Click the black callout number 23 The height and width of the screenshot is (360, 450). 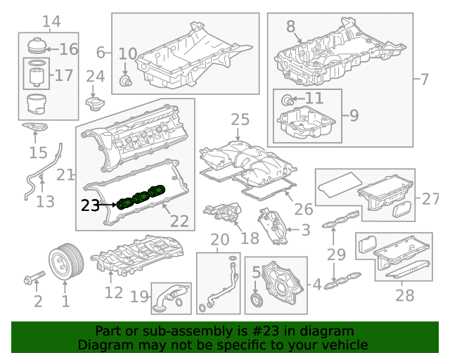pyautogui.click(x=90, y=205)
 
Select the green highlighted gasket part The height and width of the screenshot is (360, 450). pyautogui.click(x=141, y=197)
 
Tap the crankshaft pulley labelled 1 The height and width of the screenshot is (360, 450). pyautogui.click(x=66, y=262)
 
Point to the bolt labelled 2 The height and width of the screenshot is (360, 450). pyautogui.click(x=34, y=277)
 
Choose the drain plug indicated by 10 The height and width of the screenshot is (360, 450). pyautogui.click(x=125, y=81)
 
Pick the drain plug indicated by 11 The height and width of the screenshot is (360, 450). pyautogui.click(x=288, y=100)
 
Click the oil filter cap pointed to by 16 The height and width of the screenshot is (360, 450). pyautogui.click(x=37, y=46)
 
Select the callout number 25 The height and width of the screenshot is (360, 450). pyautogui.click(x=240, y=120)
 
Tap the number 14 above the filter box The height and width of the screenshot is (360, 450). pyautogui.click(x=51, y=21)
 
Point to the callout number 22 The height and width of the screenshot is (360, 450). pyautogui.click(x=180, y=221)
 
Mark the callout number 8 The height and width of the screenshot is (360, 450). pyautogui.click(x=290, y=27)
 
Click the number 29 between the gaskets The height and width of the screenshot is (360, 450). pyautogui.click(x=336, y=255)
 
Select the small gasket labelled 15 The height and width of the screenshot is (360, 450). pyautogui.click(x=34, y=127)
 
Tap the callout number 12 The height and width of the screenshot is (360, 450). pyautogui.click(x=114, y=292)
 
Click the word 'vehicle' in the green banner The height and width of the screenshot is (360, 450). pyautogui.click(x=346, y=345)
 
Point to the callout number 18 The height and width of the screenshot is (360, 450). pyautogui.click(x=250, y=238)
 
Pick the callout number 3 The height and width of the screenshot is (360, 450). pyautogui.click(x=306, y=230)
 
